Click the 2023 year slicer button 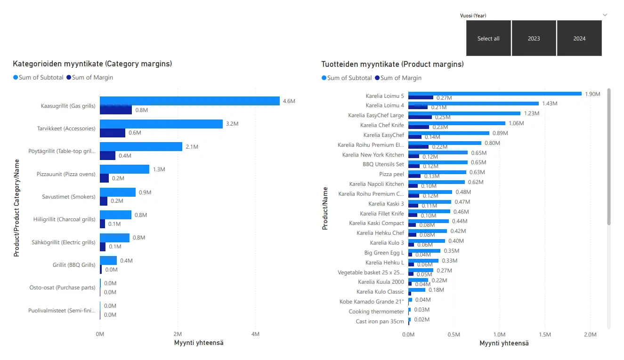(x=534, y=39)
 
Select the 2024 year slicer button (x=579, y=39)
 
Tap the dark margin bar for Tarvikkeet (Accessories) (x=113, y=133)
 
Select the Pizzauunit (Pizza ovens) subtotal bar (x=124, y=169)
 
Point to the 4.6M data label (x=289, y=101)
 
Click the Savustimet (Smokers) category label (x=66, y=197)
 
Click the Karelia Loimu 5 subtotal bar (x=494, y=94)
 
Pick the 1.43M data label (x=550, y=104)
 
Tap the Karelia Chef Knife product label (x=382, y=125)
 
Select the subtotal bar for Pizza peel (x=437, y=172)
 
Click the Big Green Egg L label (x=384, y=253)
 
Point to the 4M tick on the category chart (x=255, y=334)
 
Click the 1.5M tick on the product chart (x=544, y=334)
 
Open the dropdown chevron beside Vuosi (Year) (x=605, y=15)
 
